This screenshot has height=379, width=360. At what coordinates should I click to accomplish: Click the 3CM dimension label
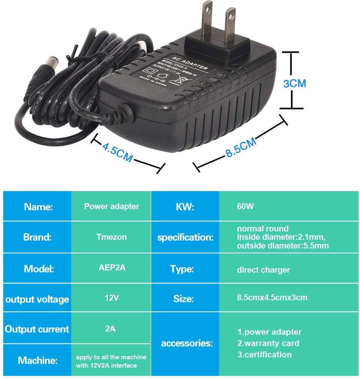click(295, 83)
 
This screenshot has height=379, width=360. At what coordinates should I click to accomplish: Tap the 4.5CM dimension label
click(118, 151)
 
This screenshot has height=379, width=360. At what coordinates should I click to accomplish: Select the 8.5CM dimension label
click(241, 148)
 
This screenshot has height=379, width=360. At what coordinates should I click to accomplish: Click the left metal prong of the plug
click(207, 19)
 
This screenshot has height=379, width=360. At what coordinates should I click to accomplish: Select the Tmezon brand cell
click(111, 237)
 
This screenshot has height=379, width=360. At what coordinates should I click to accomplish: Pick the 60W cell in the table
click(245, 207)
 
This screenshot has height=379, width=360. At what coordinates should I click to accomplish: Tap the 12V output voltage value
click(112, 298)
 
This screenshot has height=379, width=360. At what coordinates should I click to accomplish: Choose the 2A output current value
click(111, 328)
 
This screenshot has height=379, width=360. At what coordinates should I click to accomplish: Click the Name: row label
click(38, 207)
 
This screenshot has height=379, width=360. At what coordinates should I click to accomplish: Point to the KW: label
click(185, 207)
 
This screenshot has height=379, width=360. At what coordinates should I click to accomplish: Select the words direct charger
click(263, 270)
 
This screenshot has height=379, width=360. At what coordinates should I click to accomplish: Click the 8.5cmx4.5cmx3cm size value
click(272, 297)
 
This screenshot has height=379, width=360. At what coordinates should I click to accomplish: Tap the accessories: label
click(187, 343)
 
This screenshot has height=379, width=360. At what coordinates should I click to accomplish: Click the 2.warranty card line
click(268, 343)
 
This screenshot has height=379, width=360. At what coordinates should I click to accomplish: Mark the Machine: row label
click(37, 360)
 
